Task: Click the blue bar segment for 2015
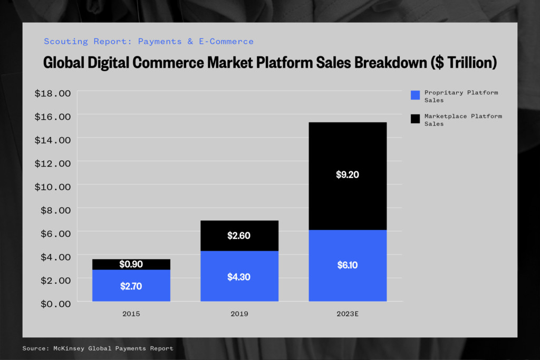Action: tap(131, 285)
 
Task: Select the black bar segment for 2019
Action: tap(239, 236)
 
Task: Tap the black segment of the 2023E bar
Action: tap(348, 176)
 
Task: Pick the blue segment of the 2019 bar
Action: tap(239, 276)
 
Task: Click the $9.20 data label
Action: tap(348, 174)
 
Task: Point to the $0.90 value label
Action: tap(131, 264)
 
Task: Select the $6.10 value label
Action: tap(348, 265)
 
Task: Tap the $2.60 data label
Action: tap(239, 236)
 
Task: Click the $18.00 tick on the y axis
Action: tap(53, 93)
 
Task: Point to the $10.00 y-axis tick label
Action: tap(53, 187)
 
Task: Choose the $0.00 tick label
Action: tap(56, 304)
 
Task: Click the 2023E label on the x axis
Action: tap(348, 314)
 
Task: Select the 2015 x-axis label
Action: tap(131, 314)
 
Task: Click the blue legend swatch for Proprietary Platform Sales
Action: tap(416, 95)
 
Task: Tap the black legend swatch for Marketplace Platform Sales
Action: tap(416, 119)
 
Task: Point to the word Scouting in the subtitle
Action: tap(66, 42)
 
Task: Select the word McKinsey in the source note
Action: tap(69, 348)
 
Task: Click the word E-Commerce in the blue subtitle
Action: tap(226, 42)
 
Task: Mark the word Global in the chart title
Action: tap(64, 63)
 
